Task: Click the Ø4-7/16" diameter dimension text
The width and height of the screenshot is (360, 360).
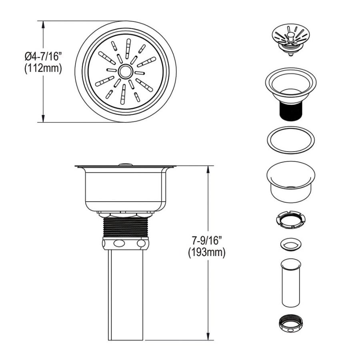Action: point(43,56)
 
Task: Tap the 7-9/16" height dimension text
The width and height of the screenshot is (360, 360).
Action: point(207,241)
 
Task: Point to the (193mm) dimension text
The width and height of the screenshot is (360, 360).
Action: point(207,253)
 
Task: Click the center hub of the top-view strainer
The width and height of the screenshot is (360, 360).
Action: point(125,72)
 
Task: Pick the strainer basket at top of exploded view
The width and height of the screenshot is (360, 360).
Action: point(291,40)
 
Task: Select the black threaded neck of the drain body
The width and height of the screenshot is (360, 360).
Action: point(290,111)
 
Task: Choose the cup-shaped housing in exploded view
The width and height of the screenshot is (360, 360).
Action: point(291,182)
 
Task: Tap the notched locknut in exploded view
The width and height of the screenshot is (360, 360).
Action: point(291,220)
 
